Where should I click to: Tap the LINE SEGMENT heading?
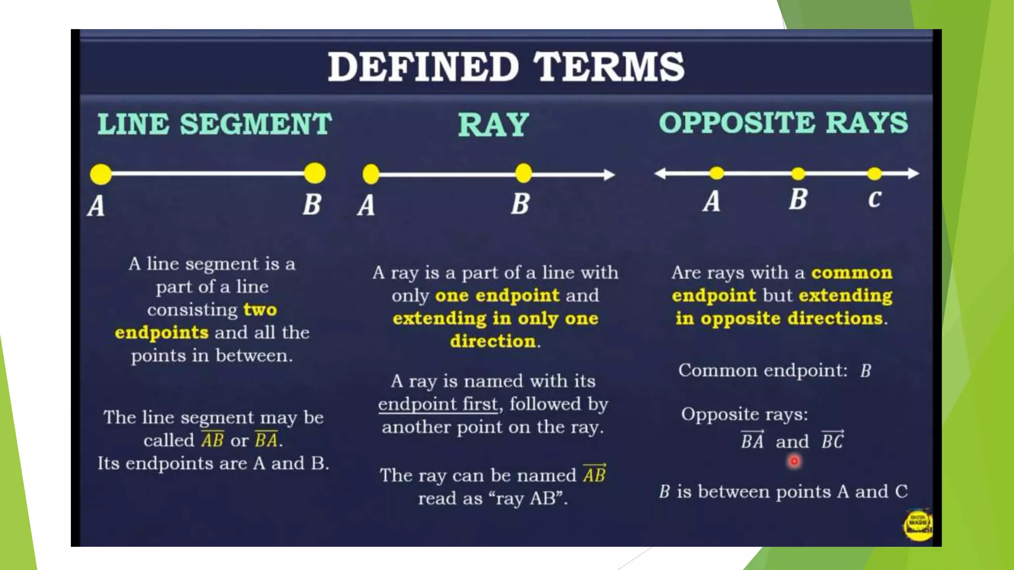coord(214,124)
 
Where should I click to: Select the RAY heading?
coord(493,125)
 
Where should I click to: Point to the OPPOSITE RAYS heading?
coord(783,123)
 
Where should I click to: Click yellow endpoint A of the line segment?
coord(101,174)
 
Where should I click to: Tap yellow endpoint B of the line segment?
coord(315,173)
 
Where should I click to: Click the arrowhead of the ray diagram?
coord(609,175)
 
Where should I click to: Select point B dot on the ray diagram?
coord(523,174)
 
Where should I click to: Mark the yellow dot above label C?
coord(874,174)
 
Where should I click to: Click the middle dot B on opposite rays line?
coord(798,174)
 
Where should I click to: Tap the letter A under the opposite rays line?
coord(711,201)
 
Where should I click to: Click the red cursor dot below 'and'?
coord(794,461)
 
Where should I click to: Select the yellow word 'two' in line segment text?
coord(260,310)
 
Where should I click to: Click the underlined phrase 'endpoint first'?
coord(438,404)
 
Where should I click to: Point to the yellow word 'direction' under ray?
coord(493,341)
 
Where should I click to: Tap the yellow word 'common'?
coord(852,273)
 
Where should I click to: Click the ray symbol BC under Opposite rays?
coord(832,440)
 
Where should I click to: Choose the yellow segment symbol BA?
coord(266,439)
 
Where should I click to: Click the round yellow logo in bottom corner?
coord(918,525)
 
